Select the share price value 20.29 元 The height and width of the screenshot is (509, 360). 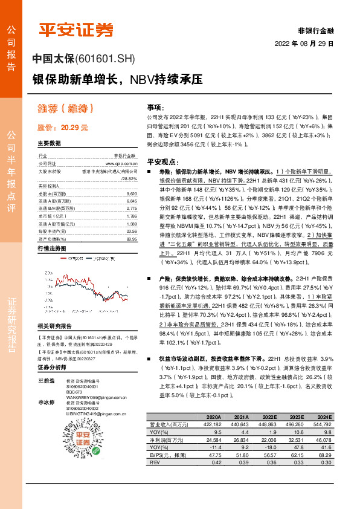coord(74,128)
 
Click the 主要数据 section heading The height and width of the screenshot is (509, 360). coord(49,144)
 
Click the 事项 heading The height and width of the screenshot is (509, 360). coord(155,106)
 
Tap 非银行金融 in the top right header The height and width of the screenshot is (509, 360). coord(317,30)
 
